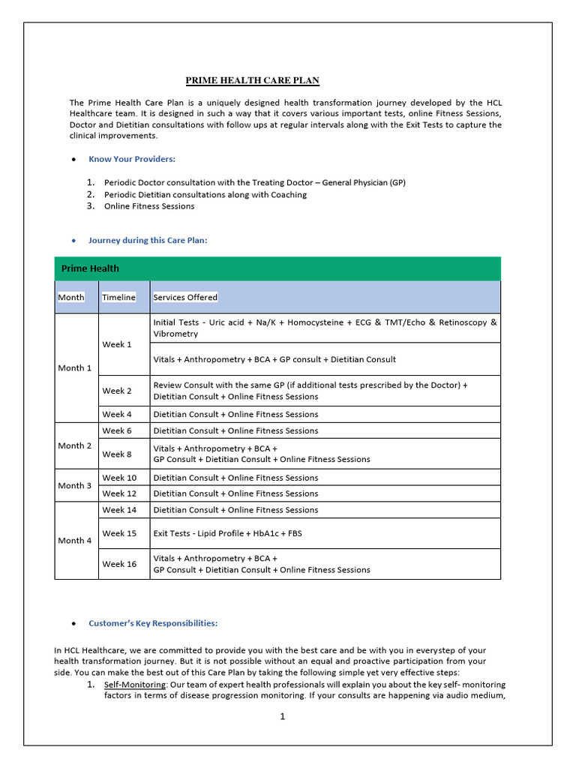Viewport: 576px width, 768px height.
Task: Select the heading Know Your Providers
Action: pos(132,159)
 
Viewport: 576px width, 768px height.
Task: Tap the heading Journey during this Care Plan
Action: pos(148,241)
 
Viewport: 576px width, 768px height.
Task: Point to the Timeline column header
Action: pos(118,298)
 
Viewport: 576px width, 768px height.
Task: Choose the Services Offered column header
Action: pos(185,298)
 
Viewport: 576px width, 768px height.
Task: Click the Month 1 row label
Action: pos(75,368)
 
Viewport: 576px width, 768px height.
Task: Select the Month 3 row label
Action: pos(75,485)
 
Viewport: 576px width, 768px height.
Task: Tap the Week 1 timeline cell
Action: pos(116,344)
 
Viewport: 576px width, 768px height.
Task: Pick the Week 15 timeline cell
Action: pos(118,533)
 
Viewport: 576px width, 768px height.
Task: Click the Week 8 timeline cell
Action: pos(116,454)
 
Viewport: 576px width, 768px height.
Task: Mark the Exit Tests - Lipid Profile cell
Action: pos(227,533)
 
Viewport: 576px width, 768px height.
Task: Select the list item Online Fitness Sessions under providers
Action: pos(149,206)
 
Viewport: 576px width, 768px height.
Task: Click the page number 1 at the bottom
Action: pos(283,717)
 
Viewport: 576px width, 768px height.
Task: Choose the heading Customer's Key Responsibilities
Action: pos(153,623)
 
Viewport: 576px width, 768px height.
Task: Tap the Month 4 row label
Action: pos(75,540)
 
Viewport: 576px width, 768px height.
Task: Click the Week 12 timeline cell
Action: pos(119,493)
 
